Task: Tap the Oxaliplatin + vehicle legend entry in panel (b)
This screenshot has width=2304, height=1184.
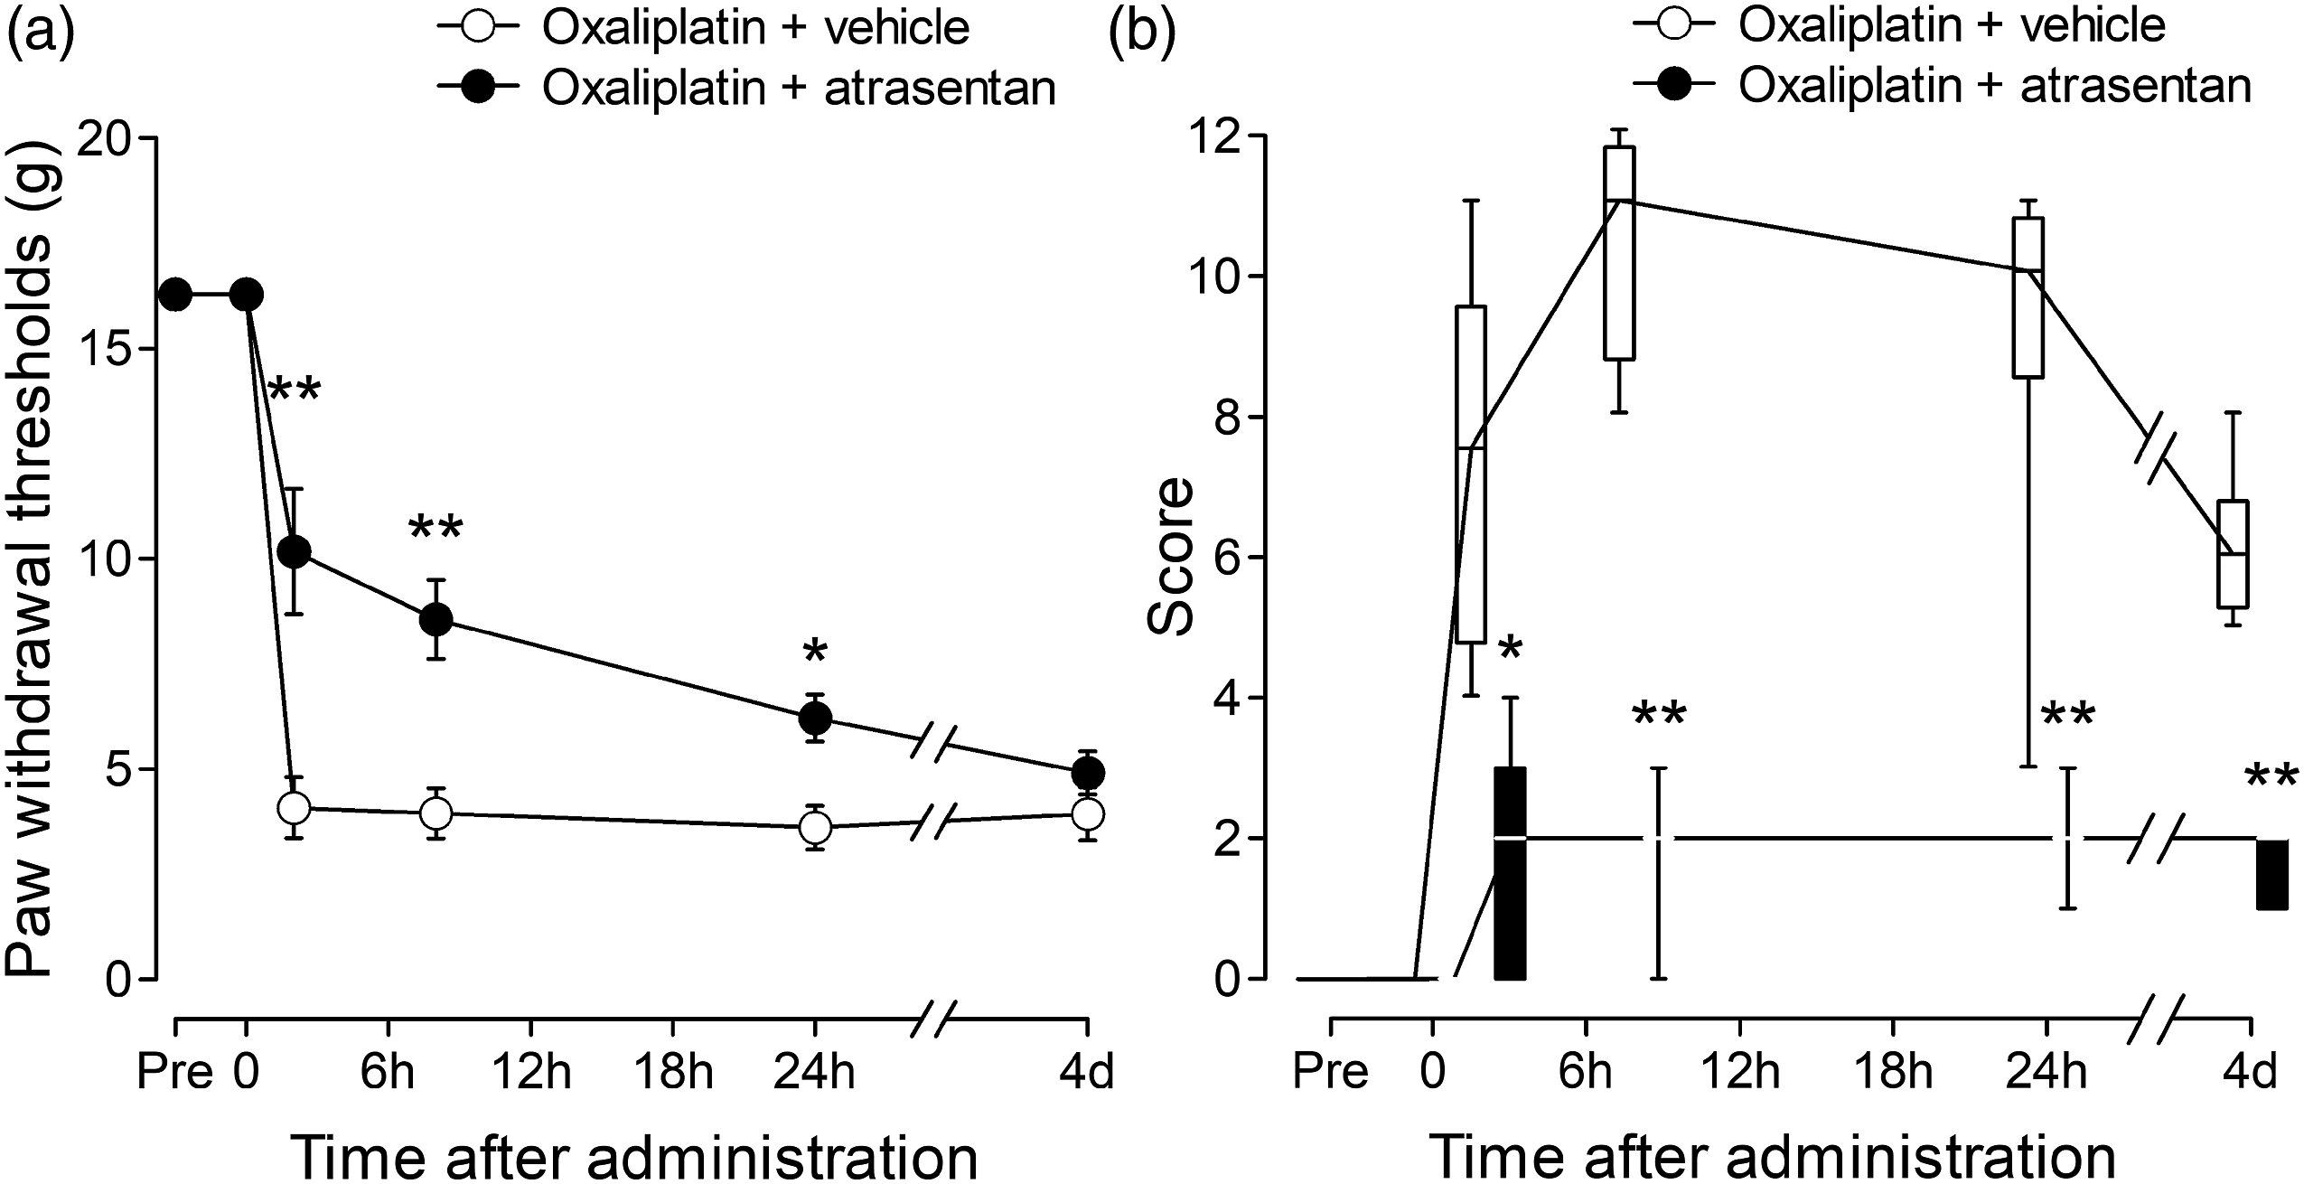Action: pyautogui.click(x=1898, y=26)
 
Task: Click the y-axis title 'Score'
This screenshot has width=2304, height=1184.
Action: pyautogui.click(x=1169, y=557)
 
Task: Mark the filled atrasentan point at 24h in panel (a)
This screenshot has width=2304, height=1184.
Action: pyautogui.click(x=815, y=719)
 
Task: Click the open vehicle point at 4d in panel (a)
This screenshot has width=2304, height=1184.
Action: pyautogui.click(x=1087, y=813)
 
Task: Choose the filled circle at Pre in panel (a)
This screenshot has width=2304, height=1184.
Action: pyautogui.click(x=175, y=295)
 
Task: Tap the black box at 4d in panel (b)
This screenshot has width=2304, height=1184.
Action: pyautogui.click(x=2264, y=875)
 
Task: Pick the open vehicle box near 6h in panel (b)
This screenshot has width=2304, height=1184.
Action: pyautogui.click(x=1620, y=253)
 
